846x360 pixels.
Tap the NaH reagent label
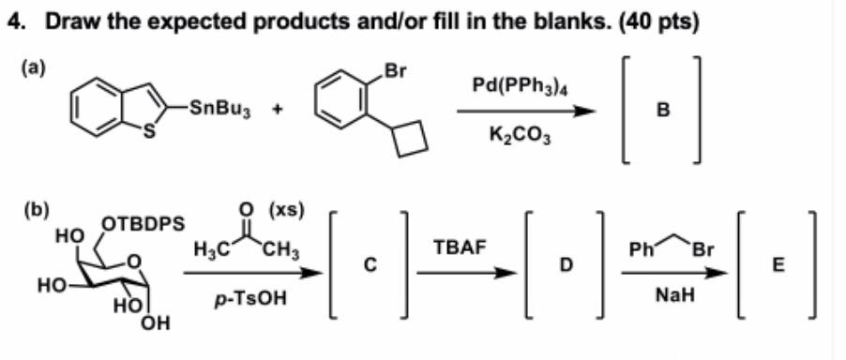click(x=672, y=294)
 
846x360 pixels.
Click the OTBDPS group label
click(x=143, y=224)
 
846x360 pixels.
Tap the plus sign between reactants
click(x=279, y=108)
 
